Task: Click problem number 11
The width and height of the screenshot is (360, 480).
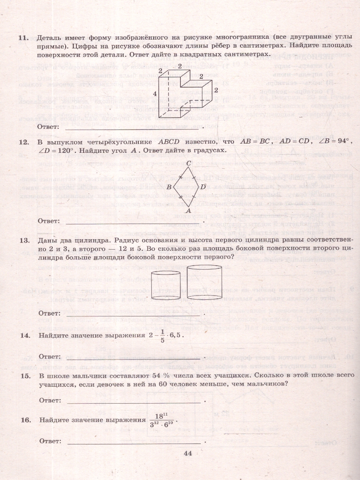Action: pyautogui.click(x=22, y=38)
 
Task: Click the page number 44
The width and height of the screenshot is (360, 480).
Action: pyautogui.click(x=188, y=453)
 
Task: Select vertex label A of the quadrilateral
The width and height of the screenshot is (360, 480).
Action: pyautogui.click(x=188, y=210)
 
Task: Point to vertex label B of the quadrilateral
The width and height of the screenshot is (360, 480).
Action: pyautogui.click(x=169, y=187)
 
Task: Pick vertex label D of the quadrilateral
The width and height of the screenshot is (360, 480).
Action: pyautogui.click(x=203, y=187)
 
